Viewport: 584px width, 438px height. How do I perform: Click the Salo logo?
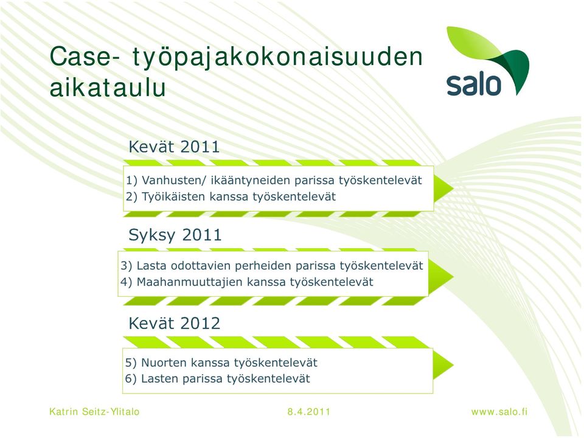point(487,61)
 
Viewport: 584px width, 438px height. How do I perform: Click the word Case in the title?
point(81,57)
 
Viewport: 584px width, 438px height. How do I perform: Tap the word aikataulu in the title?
point(108,88)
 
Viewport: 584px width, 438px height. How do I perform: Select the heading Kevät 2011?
point(174,147)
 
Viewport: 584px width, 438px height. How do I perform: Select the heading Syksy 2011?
point(175,235)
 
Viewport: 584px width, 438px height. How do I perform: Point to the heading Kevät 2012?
point(175,323)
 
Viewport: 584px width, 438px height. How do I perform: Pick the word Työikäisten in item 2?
point(173,196)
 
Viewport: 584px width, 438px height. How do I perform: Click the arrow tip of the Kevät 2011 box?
point(453,189)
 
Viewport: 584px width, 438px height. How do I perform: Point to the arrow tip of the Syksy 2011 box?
point(453,277)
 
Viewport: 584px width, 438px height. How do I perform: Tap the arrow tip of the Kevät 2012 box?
point(453,365)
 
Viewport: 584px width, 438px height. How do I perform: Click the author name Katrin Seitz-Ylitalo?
point(95,412)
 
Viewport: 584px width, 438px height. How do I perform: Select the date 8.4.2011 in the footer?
point(309,412)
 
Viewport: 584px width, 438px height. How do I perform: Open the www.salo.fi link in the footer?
point(499,412)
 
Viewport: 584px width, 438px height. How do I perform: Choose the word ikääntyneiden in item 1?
point(250,181)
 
